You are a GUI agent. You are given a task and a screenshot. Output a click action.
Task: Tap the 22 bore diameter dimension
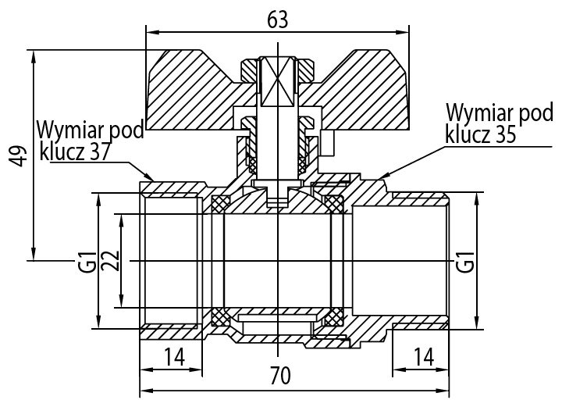[x=111, y=261]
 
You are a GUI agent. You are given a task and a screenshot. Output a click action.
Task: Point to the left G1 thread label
[x=87, y=261]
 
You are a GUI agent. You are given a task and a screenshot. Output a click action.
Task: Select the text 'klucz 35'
[x=481, y=135]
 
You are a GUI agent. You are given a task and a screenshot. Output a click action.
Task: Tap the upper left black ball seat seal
[x=220, y=205]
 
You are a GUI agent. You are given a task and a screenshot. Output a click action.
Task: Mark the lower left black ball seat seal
[x=220, y=317]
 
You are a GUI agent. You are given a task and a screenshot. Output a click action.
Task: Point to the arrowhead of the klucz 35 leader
[x=380, y=177]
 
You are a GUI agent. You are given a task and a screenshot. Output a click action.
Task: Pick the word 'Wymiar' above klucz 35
[x=474, y=112]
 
